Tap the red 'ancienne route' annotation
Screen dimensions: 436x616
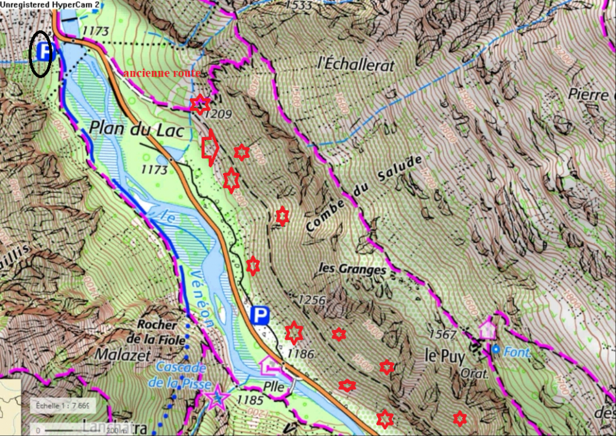[162, 73]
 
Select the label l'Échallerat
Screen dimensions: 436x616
[355, 64]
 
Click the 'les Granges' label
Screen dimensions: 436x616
[352, 269]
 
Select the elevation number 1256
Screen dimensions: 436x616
[311, 300]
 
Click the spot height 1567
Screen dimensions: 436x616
[460, 335]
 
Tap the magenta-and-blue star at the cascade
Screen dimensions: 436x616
[217, 398]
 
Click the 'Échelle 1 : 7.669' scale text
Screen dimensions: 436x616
[63, 406]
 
